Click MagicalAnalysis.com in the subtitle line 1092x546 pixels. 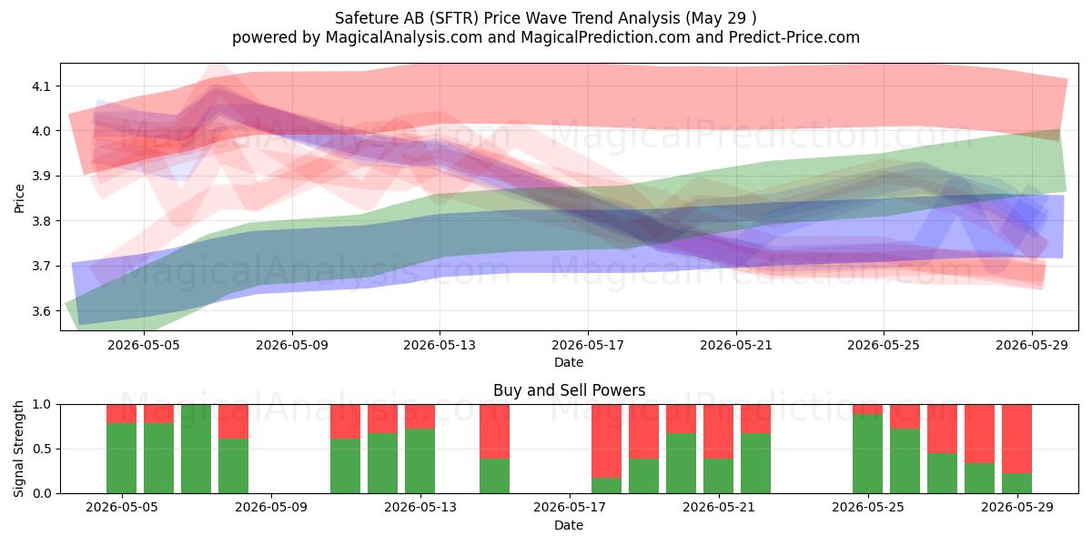404,37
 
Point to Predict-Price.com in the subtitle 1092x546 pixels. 794,37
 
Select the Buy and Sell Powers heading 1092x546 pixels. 569,390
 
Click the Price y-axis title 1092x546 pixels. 19,198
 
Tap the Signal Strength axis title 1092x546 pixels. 18,449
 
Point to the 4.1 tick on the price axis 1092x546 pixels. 41,86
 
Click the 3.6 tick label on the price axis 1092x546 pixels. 41,311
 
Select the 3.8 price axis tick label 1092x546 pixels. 41,221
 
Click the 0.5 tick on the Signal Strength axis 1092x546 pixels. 42,449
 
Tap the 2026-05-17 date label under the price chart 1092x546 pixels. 588,345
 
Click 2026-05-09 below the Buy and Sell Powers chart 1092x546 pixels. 271,507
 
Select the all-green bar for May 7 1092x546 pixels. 196,449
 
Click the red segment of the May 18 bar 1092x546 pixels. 607,440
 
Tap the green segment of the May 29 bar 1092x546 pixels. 1017,483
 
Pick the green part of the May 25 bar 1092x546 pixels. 868,453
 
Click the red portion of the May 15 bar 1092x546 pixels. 495,431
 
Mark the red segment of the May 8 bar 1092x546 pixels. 234,421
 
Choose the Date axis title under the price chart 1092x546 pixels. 569,362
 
